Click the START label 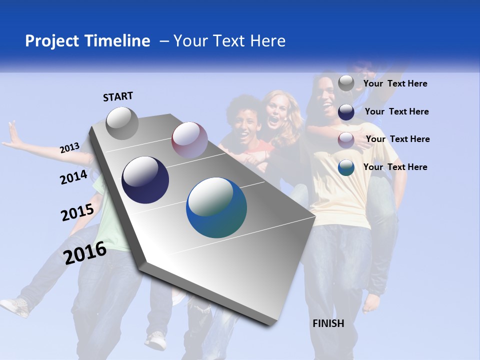[118, 96]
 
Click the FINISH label [328, 323]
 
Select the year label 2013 [69, 147]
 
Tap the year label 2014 [73, 177]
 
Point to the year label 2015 [77, 212]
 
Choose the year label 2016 [85, 252]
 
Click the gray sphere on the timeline [122, 123]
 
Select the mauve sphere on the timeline [189, 139]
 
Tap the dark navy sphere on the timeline [145, 180]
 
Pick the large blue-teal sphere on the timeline [216, 207]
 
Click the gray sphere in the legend [346, 83]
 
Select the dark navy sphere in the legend [346, 111]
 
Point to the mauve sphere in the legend [346, 139]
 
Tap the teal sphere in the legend [346, 167]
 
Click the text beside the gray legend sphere [395, 83]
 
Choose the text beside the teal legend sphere [395, 167]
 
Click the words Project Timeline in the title [87, 41]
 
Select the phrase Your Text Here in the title [229, 41]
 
